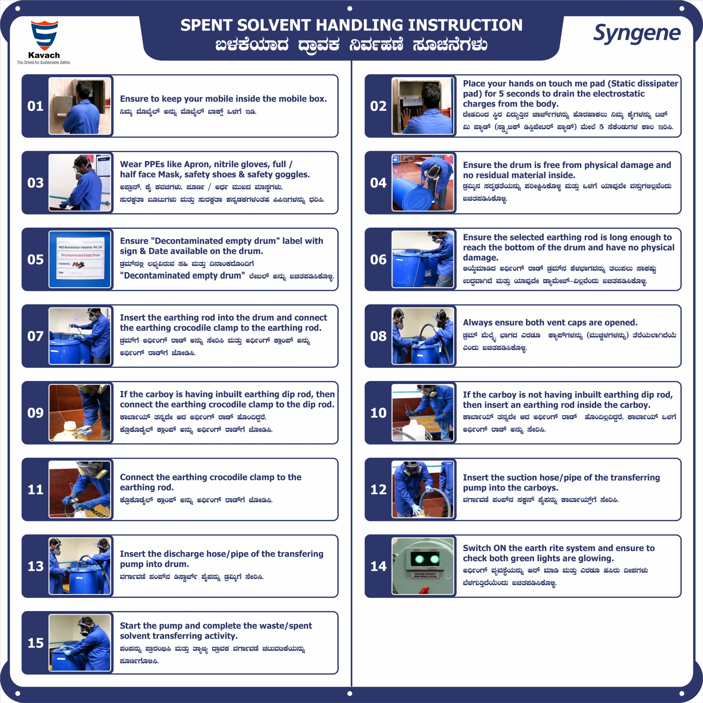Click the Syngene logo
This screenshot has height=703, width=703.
[637, 34]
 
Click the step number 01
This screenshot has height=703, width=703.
[35, 106]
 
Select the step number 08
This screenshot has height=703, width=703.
[378, 336]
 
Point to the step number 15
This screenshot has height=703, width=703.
[36, 643]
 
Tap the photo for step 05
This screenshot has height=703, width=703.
[80, 260]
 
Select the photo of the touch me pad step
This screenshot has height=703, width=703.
[423, 106]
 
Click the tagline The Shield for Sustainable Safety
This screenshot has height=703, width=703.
[44, 62]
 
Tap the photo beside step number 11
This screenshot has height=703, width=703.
[80, 489]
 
